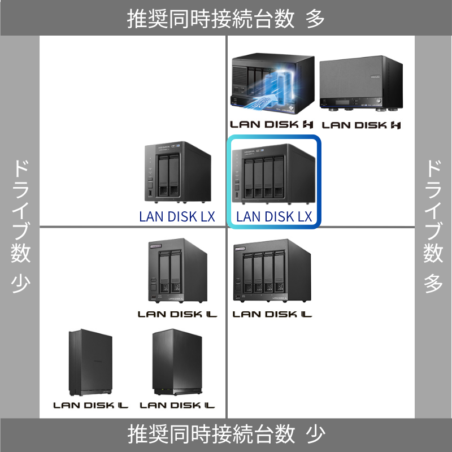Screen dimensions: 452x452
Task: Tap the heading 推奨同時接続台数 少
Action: [x=226, y=434]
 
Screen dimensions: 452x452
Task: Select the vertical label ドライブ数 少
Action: [x=20, y=226]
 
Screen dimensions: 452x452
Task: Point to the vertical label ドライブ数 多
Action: [x=433, y=226]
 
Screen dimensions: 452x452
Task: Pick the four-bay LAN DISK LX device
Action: [x=273, y=173]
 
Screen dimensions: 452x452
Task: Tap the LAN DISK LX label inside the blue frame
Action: [x=274, y=216]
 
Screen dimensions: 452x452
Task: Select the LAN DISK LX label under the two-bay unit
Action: [x=177, y=216]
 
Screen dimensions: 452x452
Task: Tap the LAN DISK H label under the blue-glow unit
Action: [x=272, y=124]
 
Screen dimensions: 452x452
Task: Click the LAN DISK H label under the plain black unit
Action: [x=361, y=124]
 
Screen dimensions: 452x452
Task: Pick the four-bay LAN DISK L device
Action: [x=273, y=272]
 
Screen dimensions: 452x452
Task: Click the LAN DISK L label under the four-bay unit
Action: [x=272, y=314]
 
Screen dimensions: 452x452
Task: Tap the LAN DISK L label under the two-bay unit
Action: [x=177, y=314]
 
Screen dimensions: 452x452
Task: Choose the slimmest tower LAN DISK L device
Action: [x=90, y=363]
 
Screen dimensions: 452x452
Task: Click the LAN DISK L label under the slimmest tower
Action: [x=90, y=405]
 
